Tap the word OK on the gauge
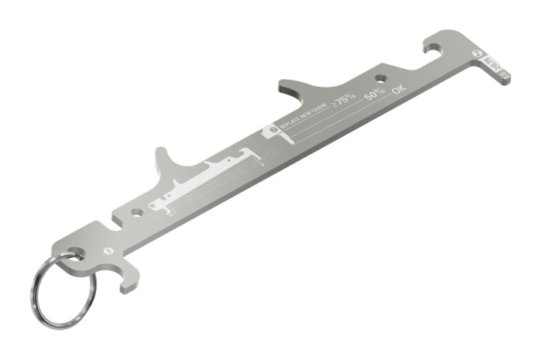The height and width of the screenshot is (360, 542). pos(399,89)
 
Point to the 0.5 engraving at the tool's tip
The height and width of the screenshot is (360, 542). pos(504,74)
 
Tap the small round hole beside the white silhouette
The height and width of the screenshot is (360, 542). pos(137,211)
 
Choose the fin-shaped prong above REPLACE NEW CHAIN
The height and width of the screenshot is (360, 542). pos(298,86)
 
